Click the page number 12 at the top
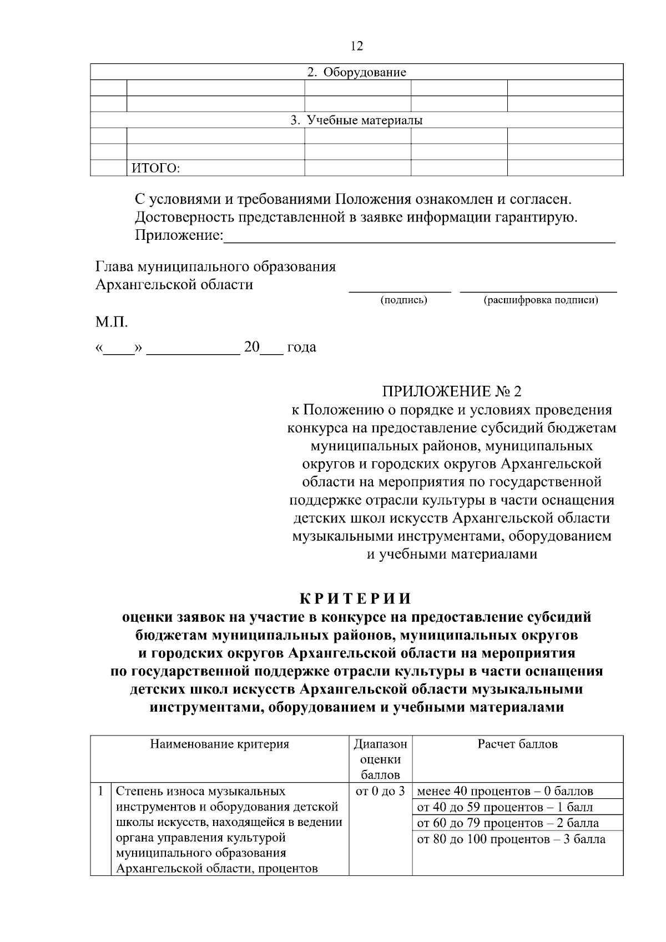click(357, 46)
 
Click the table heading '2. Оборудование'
click(357, 72)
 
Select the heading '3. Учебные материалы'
click(357, 120)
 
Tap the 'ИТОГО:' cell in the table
click(155, 168)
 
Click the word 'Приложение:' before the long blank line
click(179, 235)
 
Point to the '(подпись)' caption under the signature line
click(403, 300)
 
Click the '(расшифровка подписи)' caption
click(541, 300)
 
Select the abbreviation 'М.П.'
click(111, 321)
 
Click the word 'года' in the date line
click(301, 347)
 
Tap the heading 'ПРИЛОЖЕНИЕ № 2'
click(451, 391)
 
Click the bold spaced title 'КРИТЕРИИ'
click(356, 598)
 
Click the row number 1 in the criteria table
click(100, 791)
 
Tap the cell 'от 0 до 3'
click(380, 791)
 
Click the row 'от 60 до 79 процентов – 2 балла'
click(507, 823)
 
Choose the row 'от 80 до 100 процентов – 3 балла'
click(511, 839)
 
